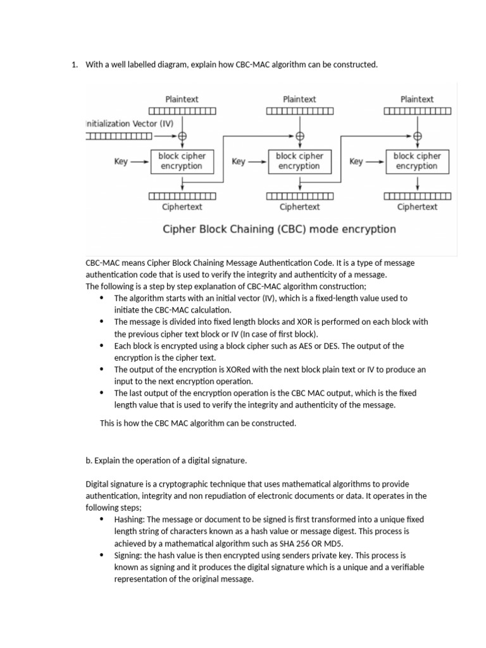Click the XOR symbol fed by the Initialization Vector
click(182, 135)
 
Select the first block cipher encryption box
click(182, 161)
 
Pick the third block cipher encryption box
click(416, 161)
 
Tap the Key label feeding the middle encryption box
click(239, 161)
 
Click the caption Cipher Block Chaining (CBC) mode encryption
click(280, 229)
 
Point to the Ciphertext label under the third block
click(417, 207)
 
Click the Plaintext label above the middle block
click(299, 99)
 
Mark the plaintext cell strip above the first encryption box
click(182, 112)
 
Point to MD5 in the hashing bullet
click(344, 543)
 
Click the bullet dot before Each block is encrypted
click(103, 346)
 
